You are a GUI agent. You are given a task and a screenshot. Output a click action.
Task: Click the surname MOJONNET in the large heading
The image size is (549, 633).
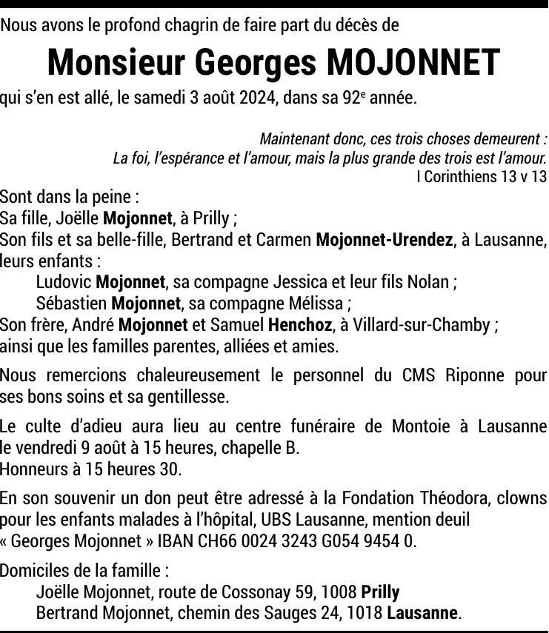tap(413, 63)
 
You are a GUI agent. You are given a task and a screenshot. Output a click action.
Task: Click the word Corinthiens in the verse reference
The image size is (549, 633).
tap(469, 176)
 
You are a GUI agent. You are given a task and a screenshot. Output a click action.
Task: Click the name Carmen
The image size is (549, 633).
tap(286, 240)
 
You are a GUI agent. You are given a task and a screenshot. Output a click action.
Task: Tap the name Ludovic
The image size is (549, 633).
tap(64, 282)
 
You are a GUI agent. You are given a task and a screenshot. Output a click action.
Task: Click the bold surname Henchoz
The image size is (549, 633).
tap(299, 325)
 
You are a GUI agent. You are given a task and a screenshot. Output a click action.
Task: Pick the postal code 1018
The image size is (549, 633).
tap(367, 613)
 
